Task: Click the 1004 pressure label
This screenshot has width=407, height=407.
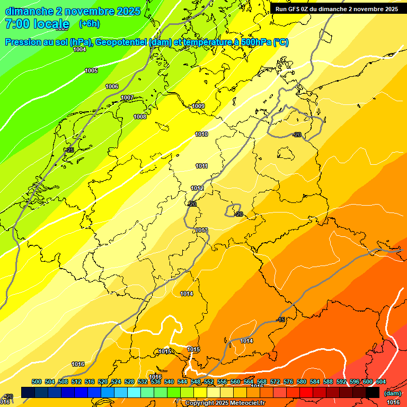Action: (x=79, y=49)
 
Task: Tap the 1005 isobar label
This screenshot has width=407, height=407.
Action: (x=91, y=70)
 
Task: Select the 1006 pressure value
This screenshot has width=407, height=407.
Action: (x=112, y=86)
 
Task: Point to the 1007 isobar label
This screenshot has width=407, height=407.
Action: (x=127, y=98)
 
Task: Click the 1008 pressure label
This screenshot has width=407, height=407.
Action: (x=140, y=117)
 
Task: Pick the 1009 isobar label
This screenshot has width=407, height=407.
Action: (x=198, y=107)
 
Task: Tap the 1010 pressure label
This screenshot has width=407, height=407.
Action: (x=201, y=135)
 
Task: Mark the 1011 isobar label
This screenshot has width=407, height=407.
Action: (x=201, y=166)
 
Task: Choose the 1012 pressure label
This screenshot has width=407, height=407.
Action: (x=197, y=189)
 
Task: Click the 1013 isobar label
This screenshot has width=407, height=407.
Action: (x=201, y=230)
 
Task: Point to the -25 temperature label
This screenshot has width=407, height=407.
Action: (x=69, y=151)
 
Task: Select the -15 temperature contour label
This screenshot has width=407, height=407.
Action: (x=281, y=320)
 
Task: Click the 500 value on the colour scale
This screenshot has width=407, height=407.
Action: (x=37, y=382)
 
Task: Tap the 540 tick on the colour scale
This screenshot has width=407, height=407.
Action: (x=169, y=382)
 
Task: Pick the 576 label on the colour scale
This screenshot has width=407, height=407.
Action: (x=288, y=382)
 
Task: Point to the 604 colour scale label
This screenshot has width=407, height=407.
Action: (x=381, y=382)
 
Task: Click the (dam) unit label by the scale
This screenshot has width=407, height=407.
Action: (x=393, y=393)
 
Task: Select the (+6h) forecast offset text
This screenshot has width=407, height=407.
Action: (x=89, y=24)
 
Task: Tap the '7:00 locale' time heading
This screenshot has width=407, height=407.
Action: (x=37, y=24)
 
